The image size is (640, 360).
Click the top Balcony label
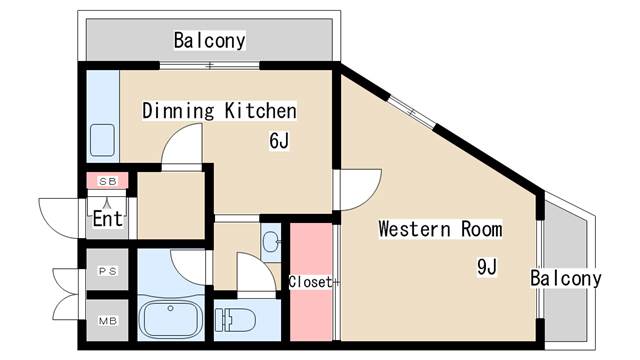click(209, 40)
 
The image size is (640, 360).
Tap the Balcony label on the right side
click(566, 278)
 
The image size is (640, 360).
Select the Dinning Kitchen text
click(219, 111)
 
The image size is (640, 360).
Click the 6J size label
click(279, 141)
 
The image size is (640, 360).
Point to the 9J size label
click(487, 267)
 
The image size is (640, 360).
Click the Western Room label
click(440, 229)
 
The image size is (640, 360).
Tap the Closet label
click(311, 282)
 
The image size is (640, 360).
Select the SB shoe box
click(108, 181)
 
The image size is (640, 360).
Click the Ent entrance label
click(107, 218)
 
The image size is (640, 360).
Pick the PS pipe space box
click(108, 270)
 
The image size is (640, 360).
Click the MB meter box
click(108, 320)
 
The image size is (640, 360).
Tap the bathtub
click(171, 319)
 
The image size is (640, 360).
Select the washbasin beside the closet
click(270, 242)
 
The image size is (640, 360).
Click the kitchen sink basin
click(102, 140)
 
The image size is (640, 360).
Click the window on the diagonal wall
click(411, 112)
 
